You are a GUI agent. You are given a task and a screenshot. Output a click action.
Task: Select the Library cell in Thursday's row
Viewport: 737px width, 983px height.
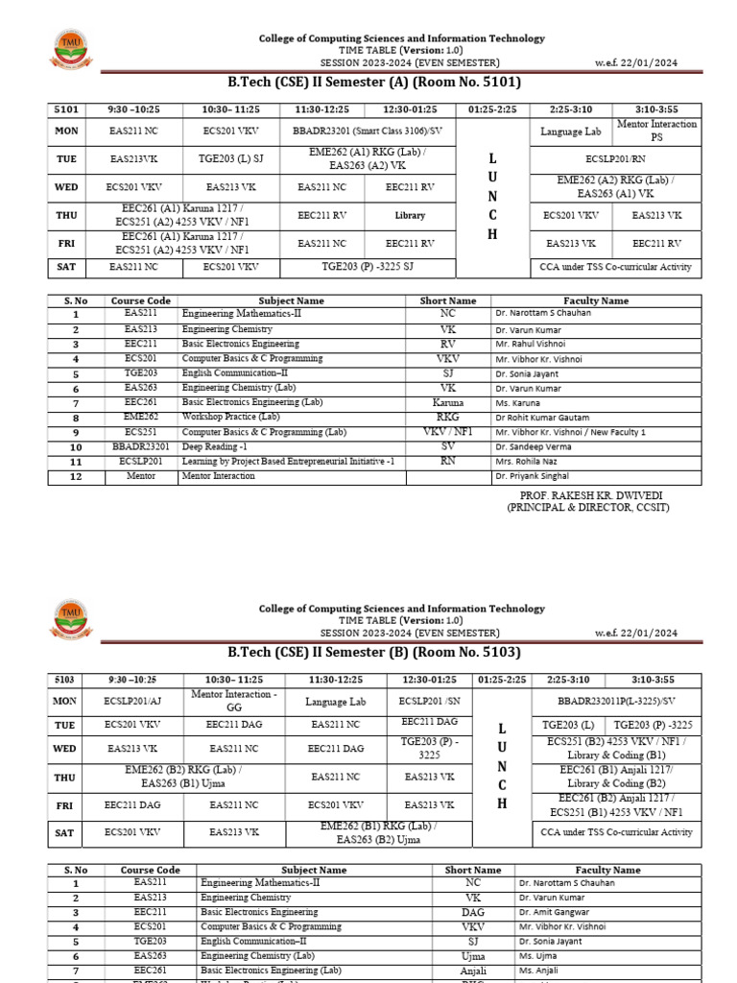coord(410,216)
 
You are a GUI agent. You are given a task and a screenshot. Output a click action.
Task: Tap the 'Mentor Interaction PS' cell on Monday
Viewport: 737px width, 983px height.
coord(671,131)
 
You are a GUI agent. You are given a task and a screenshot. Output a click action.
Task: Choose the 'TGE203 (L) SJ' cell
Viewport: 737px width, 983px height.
coord(230,157)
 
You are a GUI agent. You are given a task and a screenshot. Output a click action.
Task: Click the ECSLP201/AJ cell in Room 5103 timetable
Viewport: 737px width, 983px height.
coord(133,701)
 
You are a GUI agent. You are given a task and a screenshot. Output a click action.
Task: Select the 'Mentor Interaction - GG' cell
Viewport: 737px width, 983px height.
coord(233,701)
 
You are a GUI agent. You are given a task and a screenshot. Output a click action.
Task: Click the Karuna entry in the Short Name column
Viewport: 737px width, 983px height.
coord(448,402)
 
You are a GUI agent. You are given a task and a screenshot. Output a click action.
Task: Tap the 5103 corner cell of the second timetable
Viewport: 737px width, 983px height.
coord(66,680)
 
